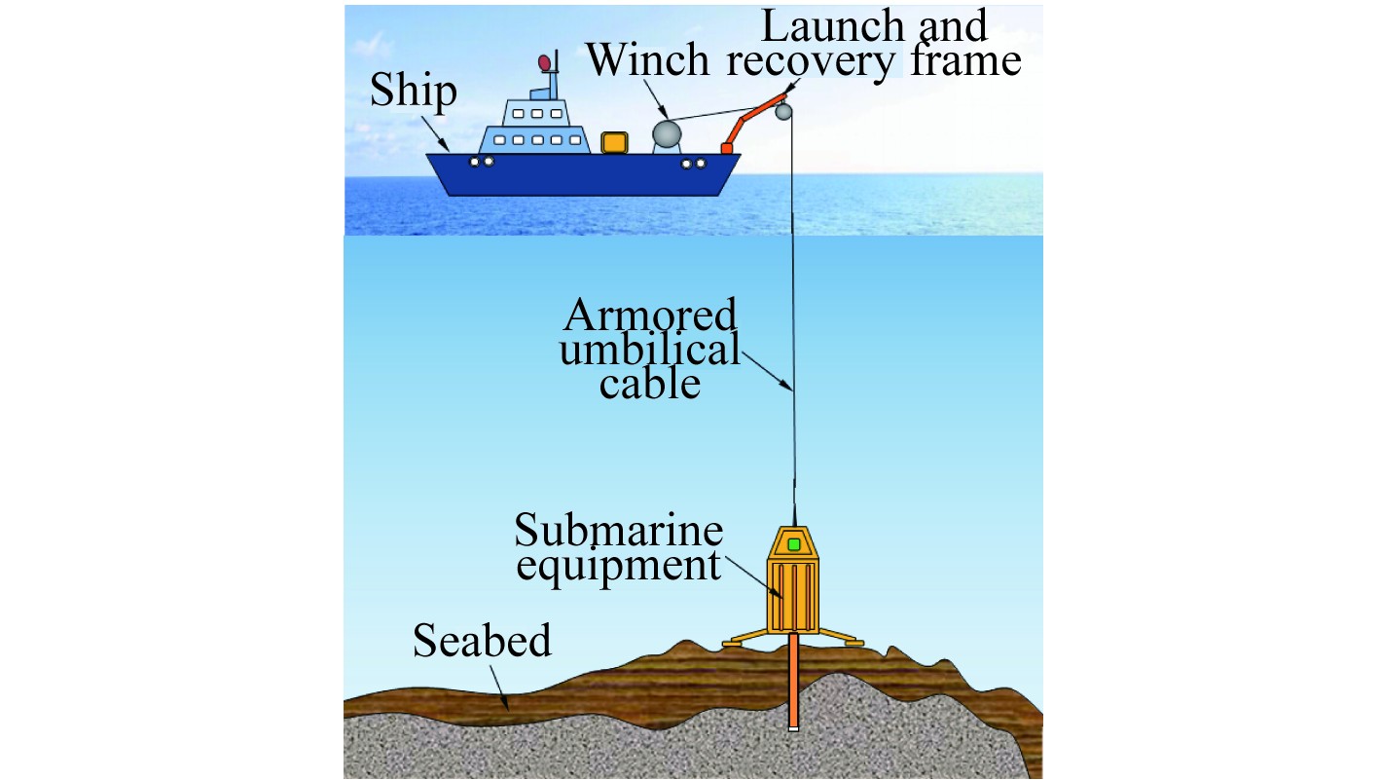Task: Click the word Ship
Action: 413,92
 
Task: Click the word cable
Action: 649,384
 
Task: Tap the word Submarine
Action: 619,532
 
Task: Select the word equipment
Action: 618,565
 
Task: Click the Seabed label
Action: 482,641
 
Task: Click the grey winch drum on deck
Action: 669,135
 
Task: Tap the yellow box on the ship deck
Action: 614,143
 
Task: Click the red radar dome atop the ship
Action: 545,64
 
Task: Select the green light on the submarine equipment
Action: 794,544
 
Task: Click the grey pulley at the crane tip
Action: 784,114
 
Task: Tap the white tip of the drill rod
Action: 794,726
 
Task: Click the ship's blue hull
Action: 584,175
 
